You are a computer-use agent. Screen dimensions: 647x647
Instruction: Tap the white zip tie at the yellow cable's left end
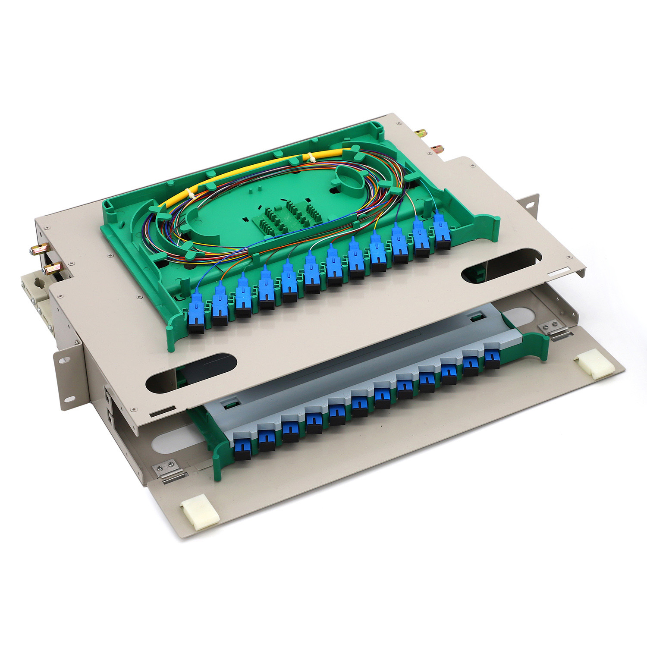click(189, 194)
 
